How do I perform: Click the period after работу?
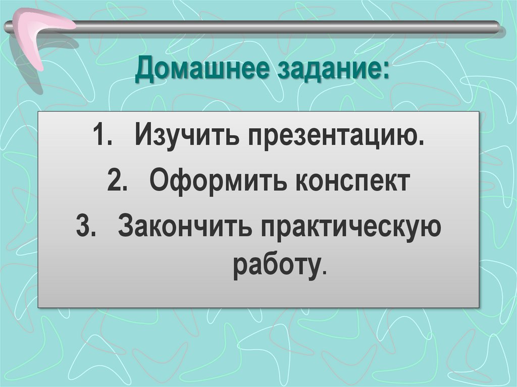click(x=323, y=271)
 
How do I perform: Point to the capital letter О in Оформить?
click(x=159, y=182)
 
